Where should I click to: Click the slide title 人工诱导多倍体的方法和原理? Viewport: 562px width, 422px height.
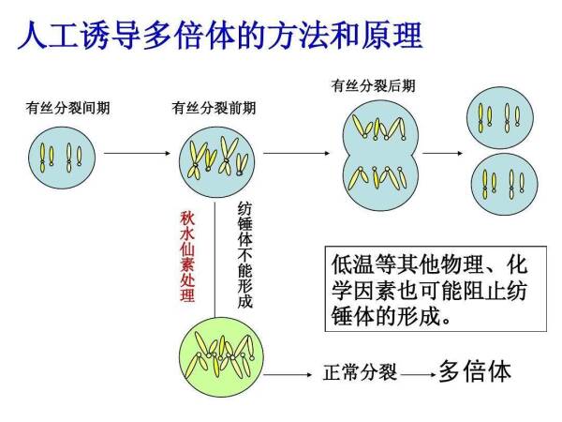click(220, 35)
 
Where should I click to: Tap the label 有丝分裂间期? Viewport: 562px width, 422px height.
click(67, 108)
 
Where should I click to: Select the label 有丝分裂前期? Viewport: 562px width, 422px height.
click(214, 108)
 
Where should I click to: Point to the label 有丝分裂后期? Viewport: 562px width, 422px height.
click(373, 85)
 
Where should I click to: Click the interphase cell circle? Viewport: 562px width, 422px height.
click(62, 158)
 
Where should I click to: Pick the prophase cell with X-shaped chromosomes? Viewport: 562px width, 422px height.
click(217, 159)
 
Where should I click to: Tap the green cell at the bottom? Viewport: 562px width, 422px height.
click(221, 357)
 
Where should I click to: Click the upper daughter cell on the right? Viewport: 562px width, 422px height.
click(500, 118)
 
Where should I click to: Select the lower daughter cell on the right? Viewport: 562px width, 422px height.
click(504, 184)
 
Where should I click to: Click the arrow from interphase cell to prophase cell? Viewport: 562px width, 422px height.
click(137, 153)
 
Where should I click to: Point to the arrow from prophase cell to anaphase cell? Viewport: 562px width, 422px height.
click(296, 153)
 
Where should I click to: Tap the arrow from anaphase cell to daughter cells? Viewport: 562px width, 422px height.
click(443, 153)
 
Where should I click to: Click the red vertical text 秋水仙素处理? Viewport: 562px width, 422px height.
click(187, 257)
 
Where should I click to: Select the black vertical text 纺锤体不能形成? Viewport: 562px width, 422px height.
click(245, 255)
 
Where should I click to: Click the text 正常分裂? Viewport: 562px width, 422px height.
click(361, 372)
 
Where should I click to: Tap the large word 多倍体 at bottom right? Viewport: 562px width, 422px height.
click(475, 371)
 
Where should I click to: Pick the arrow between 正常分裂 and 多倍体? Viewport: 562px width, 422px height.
click(418, 374)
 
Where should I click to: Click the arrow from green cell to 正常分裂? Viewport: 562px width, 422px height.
click(288, 374)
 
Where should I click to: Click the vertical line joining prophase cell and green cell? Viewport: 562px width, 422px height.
click(214, 260)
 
